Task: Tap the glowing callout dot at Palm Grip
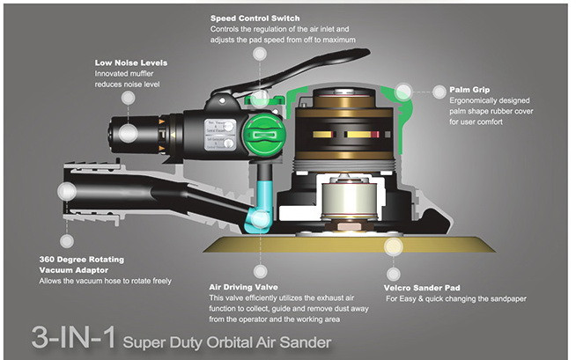404,91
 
